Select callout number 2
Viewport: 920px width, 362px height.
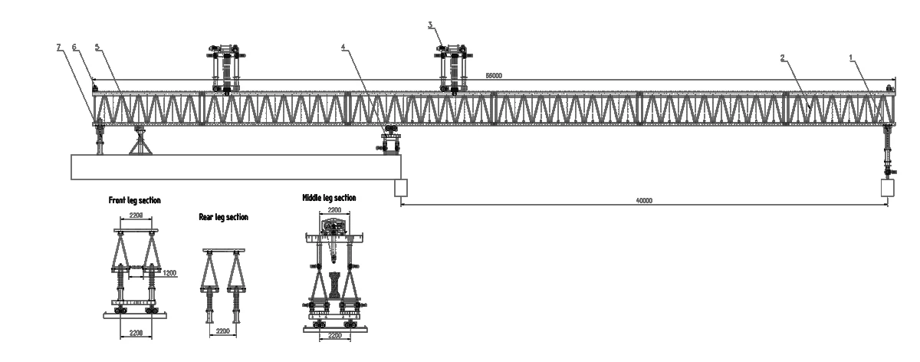pos(782,58)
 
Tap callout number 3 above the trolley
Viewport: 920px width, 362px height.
pos(431,25)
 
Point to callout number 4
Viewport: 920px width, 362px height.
pos(343,47)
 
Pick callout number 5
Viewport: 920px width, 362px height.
pos(97,47)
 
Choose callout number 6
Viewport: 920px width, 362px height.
pos(74,47)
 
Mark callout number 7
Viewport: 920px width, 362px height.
pos(58,47)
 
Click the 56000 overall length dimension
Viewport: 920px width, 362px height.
pos(493,76)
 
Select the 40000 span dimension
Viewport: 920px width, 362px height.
pos(644,201)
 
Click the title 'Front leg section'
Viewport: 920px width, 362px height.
pos(134,200)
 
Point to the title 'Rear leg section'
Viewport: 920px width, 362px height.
pos(223,217)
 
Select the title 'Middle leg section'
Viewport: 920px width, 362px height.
pos(329,198)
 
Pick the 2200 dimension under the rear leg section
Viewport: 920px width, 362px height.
pos(223,330)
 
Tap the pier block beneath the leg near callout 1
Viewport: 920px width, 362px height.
pos(889,188)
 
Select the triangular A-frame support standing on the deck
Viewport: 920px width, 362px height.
pos(140,142)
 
